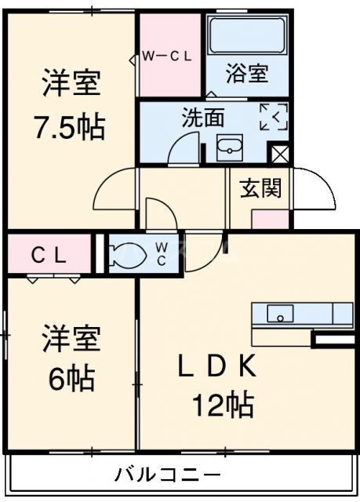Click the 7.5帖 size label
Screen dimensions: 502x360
(x=69, y=126)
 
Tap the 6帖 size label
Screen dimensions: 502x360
(x=70, y=379)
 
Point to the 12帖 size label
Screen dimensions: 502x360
(x=223, y=404)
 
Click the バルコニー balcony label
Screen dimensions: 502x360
(x=167, y=475)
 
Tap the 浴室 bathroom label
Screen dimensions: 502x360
(x=247, y=74)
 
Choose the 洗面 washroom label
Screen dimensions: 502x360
(x=203, y=118)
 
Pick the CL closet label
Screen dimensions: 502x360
(x=49, y=254)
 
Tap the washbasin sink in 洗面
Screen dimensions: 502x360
(x=230, y=147)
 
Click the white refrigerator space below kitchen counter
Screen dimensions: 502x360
(x=333, y=339)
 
